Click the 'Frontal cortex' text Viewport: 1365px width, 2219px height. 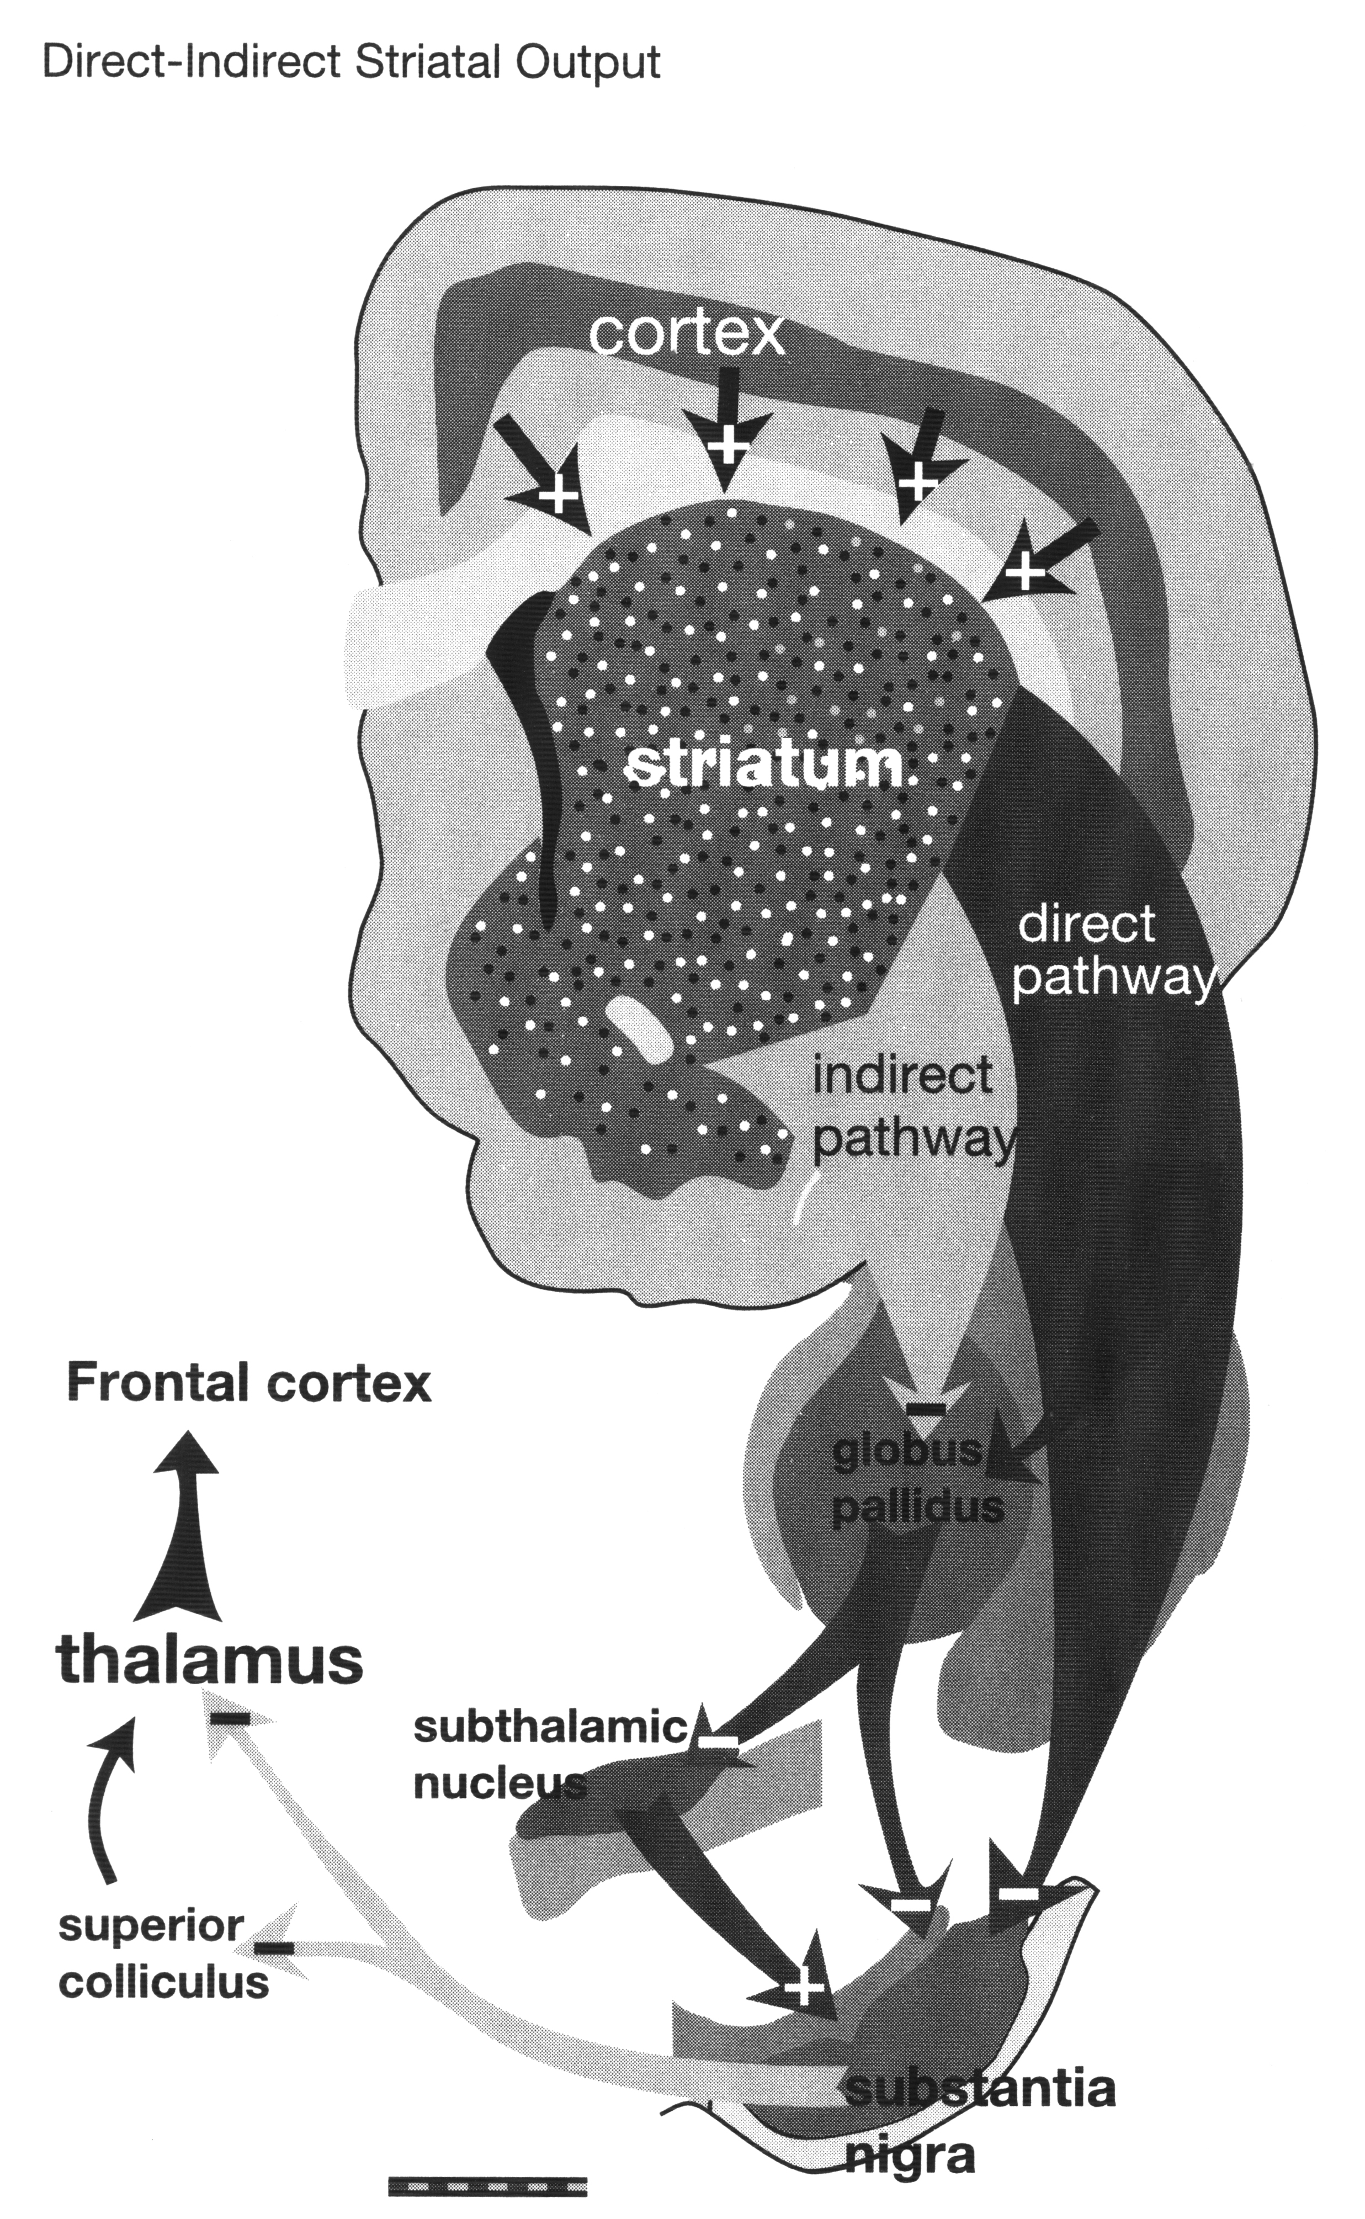[x=249, y=1384]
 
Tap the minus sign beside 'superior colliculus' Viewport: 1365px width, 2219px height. [x=274, y=1947]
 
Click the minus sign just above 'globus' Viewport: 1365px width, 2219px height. [x=925, y=1408]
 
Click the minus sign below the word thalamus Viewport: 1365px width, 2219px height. [x=230, y=1718]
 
